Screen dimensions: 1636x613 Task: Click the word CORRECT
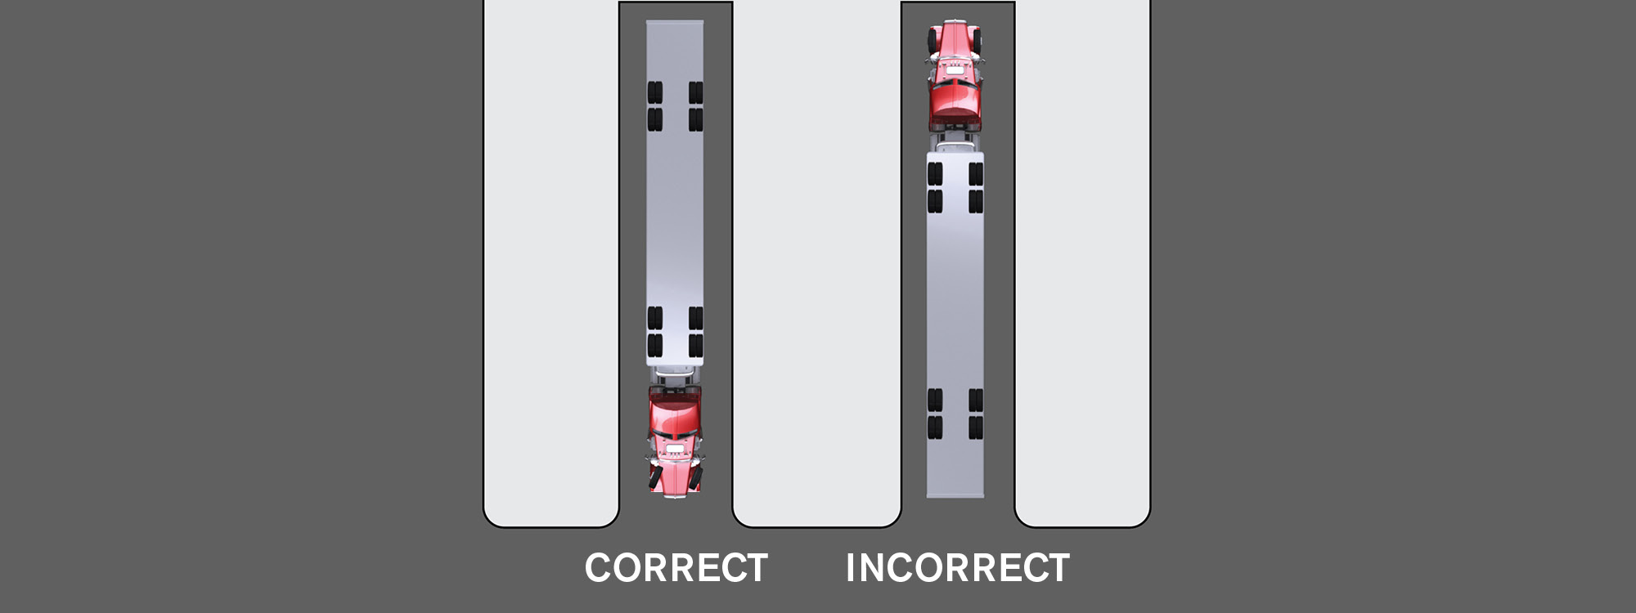[676, 568]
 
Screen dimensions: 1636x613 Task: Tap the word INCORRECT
[958, 568]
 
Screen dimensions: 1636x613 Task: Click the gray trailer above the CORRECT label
[675, 193]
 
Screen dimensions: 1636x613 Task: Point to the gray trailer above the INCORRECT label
[955, 324]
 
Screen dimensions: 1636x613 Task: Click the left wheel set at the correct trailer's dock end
[655, 106]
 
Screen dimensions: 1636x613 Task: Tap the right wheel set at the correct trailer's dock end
[695, 106]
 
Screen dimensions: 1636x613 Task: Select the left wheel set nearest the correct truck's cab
[655, 332]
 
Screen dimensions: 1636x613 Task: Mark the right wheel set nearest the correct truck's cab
[695, 332]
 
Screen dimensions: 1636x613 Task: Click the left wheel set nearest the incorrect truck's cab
[935, 187]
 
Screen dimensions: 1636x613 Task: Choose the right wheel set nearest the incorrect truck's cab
[975, 187]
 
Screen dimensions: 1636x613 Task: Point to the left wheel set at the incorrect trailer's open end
[935, 414]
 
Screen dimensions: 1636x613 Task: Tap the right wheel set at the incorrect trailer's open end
[975, 414]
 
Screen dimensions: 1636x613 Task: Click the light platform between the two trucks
[816, 263]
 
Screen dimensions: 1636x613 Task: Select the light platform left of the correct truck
[551, 263]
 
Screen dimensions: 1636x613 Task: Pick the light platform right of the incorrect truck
[1082, 263]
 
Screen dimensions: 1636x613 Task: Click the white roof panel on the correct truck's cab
[675, 449]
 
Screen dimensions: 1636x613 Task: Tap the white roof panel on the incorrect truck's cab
[955, 69]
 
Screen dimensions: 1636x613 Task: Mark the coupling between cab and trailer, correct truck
[675, 376]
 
